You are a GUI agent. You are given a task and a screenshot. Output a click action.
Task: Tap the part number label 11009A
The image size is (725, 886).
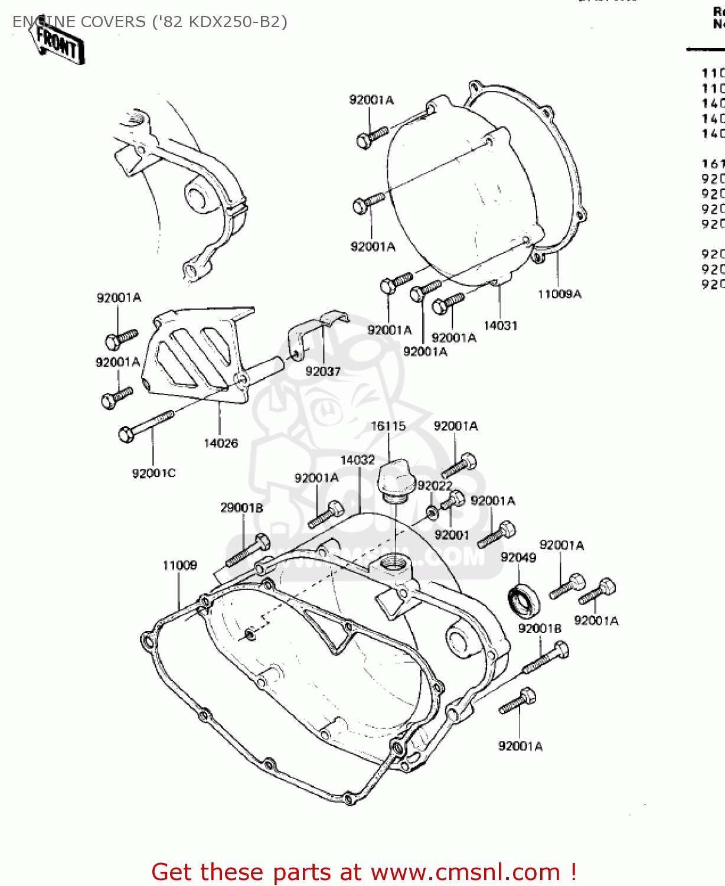tap(559, 294)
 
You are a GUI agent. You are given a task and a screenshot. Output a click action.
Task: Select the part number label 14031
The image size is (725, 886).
tap(500, 325)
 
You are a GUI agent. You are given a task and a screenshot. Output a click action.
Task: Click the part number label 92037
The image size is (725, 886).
tap(322, 371)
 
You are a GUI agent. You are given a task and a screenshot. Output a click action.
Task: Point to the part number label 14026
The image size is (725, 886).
tap(221, 443)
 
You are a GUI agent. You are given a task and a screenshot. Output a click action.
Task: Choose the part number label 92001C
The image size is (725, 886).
tap(154, 473)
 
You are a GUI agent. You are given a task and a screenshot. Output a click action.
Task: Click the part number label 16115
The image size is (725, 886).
tap(388, 426)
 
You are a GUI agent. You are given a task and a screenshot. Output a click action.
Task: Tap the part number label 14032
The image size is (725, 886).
tap(357, 460)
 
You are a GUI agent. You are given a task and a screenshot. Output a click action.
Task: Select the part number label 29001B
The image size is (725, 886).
tap(241, 507)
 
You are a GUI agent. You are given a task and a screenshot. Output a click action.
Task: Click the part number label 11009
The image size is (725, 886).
tap(179, 565)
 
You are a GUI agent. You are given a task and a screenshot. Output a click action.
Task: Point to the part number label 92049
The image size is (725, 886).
tap(518, 558)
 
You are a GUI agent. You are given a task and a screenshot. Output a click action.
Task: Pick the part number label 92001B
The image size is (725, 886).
tap(540, 628)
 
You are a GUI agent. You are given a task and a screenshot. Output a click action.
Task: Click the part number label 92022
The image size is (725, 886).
tap(435, 486)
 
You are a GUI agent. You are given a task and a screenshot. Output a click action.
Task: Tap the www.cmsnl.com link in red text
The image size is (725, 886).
tap(465, 872)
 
